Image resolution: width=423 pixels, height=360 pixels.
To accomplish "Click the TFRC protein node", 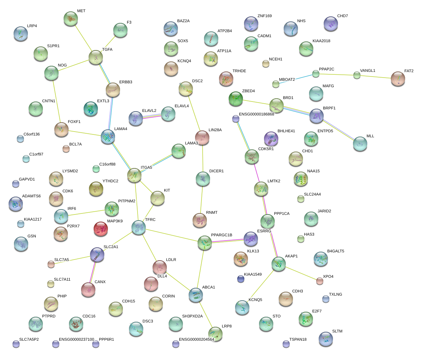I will pos(138,227).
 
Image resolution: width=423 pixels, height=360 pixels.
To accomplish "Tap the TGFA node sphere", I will pos(96,57).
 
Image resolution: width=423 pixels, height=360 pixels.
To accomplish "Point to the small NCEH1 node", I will pos(265,64).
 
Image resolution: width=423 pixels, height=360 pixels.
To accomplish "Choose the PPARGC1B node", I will pos(204,243).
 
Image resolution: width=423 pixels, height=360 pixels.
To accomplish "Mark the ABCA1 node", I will pos(196,295).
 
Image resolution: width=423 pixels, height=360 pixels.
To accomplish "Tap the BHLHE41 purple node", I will pos(271,139).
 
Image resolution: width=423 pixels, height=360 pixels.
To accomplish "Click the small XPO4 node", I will pos(320,281).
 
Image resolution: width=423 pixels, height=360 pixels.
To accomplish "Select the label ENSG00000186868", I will pos(256,114).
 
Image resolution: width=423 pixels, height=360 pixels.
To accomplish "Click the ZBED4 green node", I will pos(236,99).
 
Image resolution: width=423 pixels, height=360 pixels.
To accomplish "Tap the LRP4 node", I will pos(20,34).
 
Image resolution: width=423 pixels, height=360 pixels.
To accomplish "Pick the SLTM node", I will pos(325,339).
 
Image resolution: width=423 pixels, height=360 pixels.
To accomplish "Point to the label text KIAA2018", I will pos(321,41).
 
